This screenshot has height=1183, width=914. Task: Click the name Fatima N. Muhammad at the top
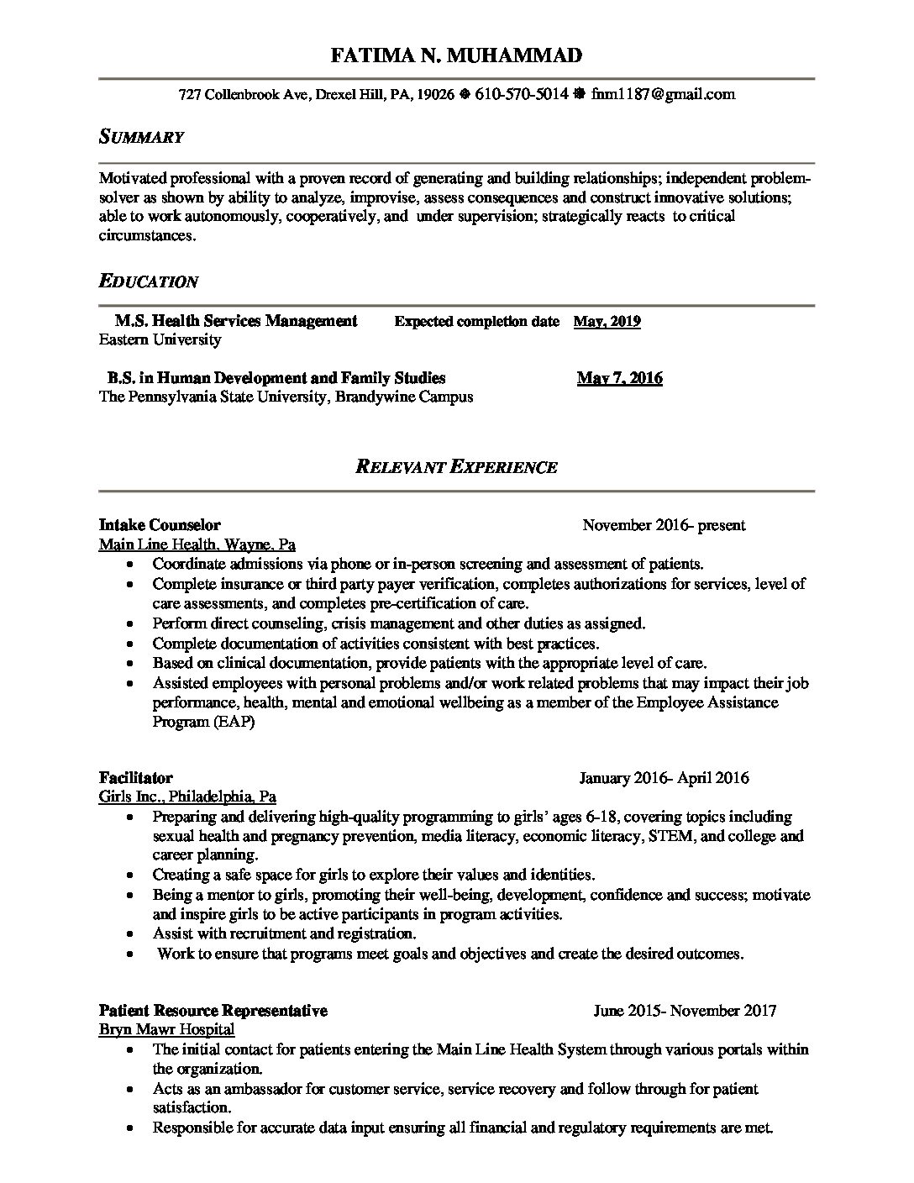[x=456, y=56]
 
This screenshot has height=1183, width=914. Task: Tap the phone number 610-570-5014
[x=522, y=94]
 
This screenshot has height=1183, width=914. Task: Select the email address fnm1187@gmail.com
[x=663, y=94]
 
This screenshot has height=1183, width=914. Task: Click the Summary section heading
[x=141, y=136]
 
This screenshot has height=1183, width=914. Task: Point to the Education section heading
[x=149, y=281]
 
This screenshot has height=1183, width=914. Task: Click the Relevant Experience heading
[x=456, y=466]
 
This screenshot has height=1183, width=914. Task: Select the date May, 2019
[x=607, y=321]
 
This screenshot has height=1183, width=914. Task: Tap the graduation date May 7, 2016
[x=619, y=378]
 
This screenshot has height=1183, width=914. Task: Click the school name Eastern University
[x=160, y=339]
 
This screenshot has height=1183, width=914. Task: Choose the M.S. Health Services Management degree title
[x=235, y=321]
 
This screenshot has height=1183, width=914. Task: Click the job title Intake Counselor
[x=160, y=525]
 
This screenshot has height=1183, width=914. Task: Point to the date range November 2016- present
[x=664, y=525]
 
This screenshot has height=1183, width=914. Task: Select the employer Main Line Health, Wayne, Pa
[x=197, y=544]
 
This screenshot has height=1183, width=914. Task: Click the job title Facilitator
[x=135, y=777]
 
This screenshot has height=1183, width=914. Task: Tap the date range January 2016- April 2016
[x=664, y=777]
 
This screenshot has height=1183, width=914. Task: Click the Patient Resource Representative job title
[x=213, y=1010]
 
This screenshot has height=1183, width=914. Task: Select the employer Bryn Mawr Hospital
[x=166, y=1028]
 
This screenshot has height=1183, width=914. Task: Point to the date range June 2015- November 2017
[x=685, y=1010]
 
